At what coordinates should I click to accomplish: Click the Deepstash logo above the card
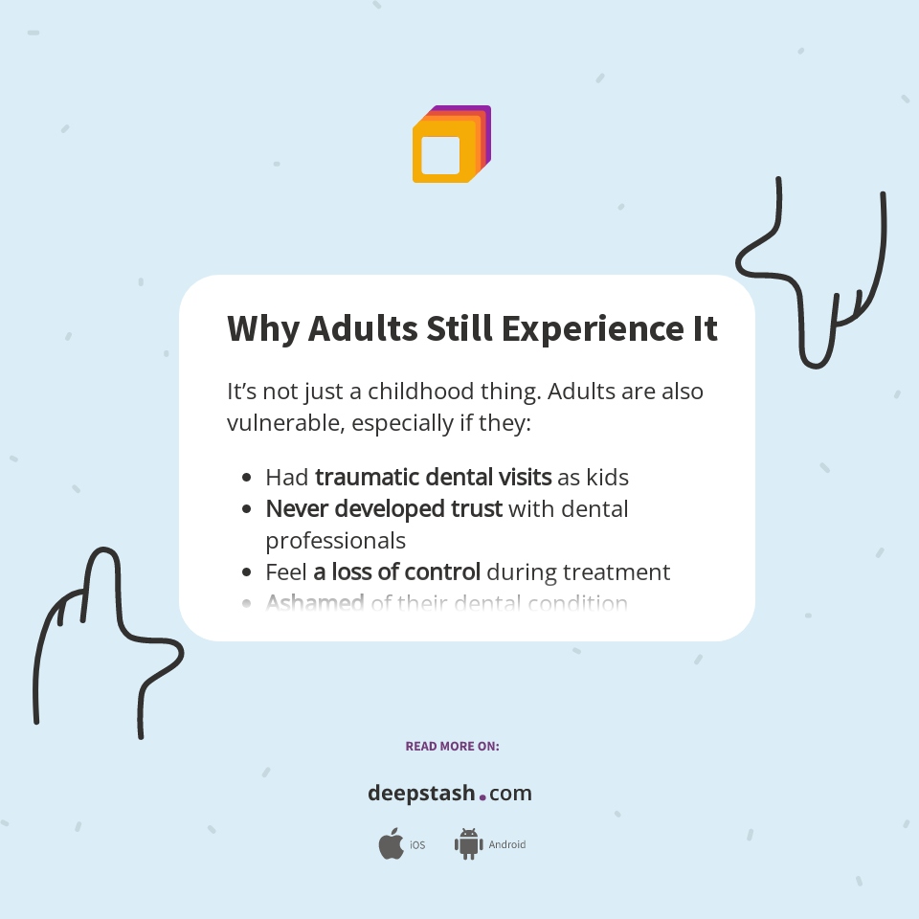[x=451, y=145]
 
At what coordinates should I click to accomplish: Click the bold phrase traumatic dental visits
[x=433, y=476]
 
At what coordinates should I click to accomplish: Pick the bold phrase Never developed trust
[x=384, y=508]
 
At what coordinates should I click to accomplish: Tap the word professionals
[x=335, y=540]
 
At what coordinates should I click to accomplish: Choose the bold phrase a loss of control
[x=396, y=572]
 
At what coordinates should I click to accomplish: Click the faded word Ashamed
[x=314, y=603]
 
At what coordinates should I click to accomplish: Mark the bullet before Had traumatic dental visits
[x=247, y=477]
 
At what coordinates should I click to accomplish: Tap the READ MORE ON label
[x=452, y=746]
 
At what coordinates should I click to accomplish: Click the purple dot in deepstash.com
[x=482, y=796]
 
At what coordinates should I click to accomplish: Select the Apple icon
[x=391, y=844]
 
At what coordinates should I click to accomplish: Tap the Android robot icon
[x=468, y=844]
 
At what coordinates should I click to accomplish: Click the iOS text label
[x=417, y=845]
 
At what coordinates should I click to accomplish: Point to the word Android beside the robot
[x=506, y=845]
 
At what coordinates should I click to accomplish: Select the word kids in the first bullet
[x=607, y=476]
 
